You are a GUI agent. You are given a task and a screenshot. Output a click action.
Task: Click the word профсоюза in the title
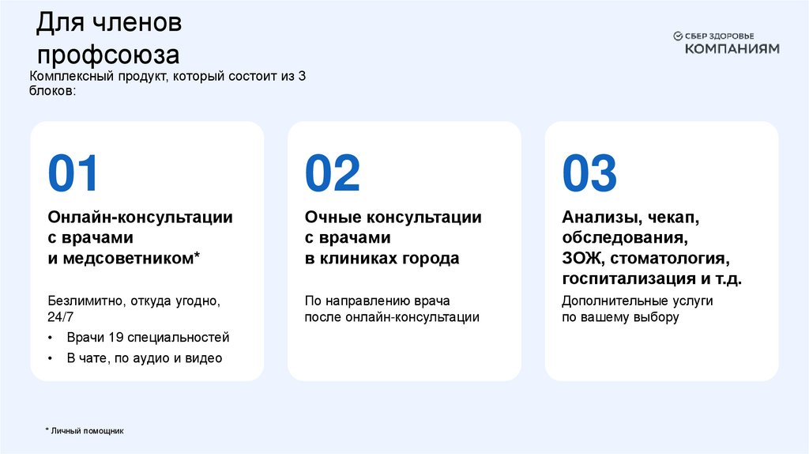pyautogui.click(x=109, y=55)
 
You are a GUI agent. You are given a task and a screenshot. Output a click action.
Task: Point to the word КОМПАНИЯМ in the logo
pyautogui.click(x=732, y=48)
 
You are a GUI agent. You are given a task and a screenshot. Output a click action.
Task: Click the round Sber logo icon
pyautogui.click(x=677, y=36)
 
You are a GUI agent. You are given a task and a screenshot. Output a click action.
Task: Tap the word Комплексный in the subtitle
pyautogui.click(x=69, y=76)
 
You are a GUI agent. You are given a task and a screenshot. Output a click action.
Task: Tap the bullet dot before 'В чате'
pyautogui.click(x=51, y=359)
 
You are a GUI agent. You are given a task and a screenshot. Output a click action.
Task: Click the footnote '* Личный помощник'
pyautogui.click(x=85, y=430)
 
